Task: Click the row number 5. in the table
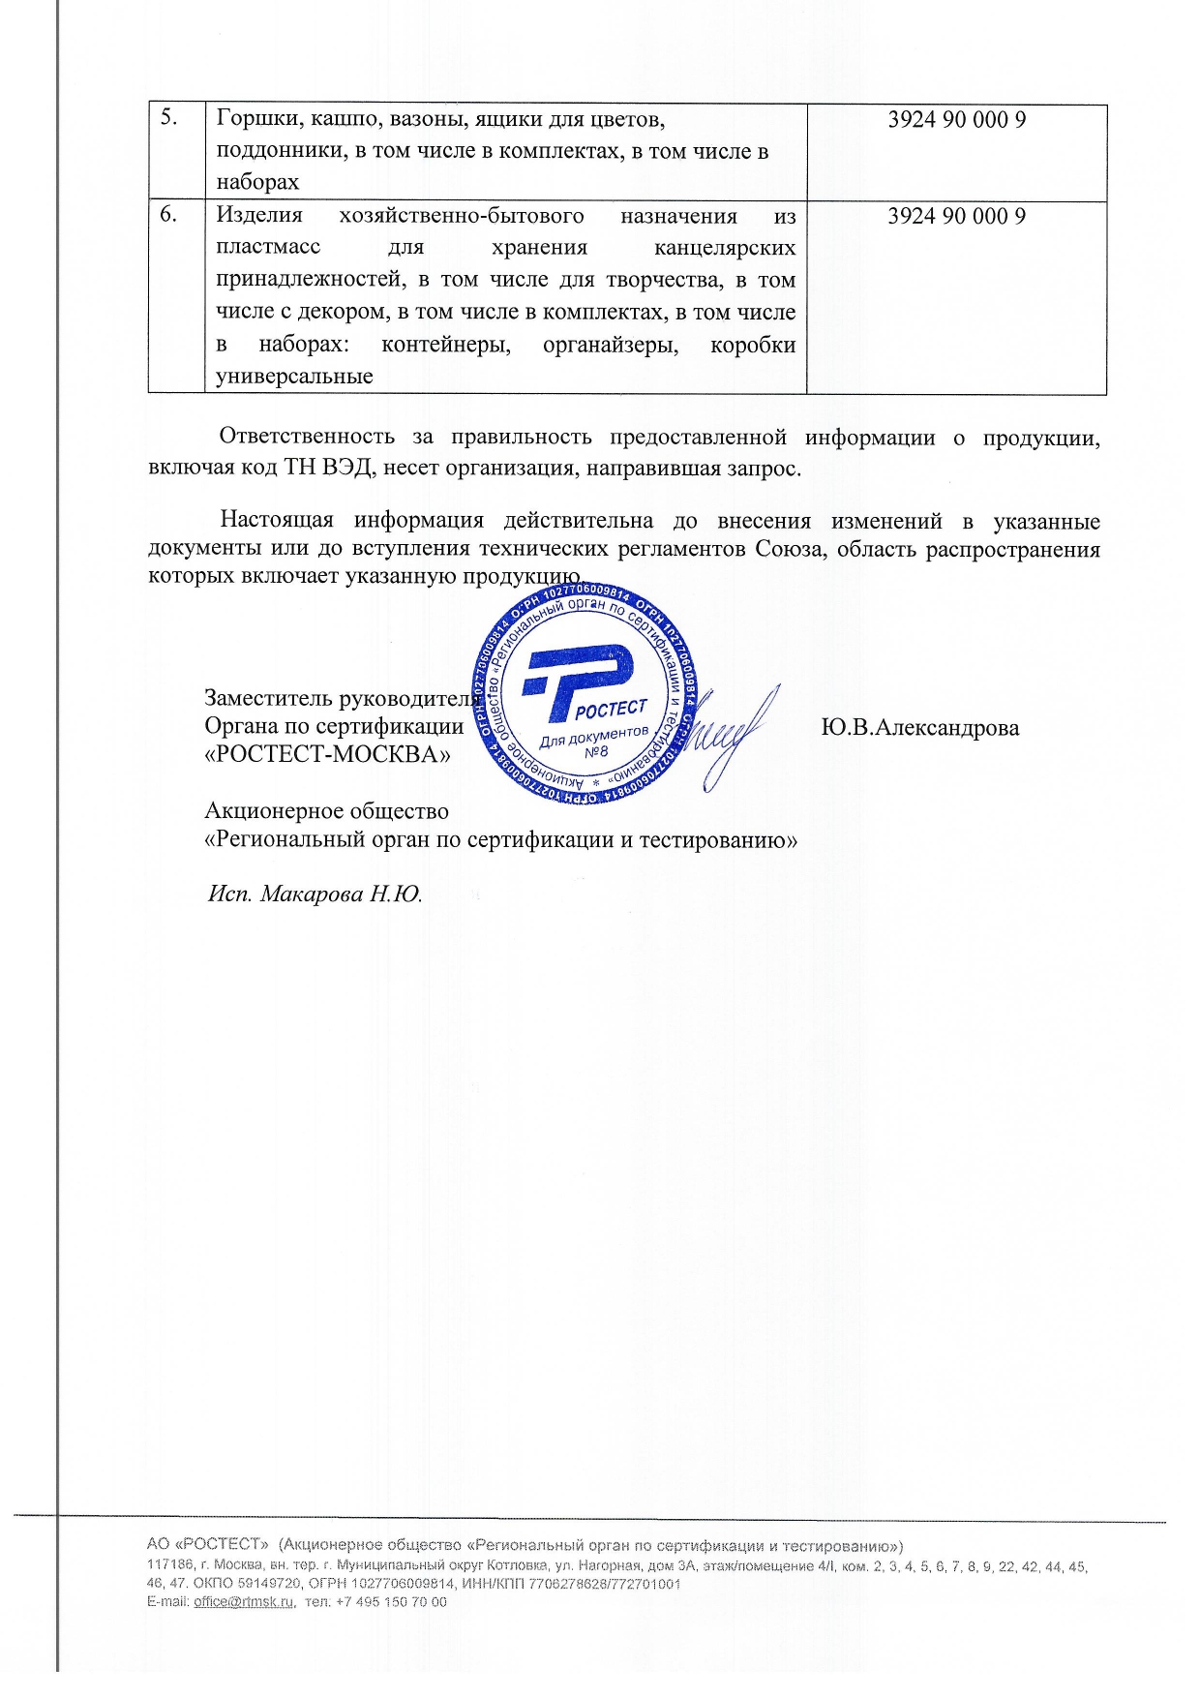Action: (x=168, y=118)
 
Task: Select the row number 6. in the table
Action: (x=168, y=215)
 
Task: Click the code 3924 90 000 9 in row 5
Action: (x=956, y=119)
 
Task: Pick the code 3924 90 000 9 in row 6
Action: (x=956, y=216)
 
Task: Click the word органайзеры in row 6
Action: (x=611, y=346)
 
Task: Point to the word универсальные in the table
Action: (x=294, y=377)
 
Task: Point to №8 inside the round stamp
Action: (x=596, y=752)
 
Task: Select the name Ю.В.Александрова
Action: (x=919, y=728)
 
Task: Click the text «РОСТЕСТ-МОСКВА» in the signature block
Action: (x=327, y=755)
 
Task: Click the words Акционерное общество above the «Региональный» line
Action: (x=326, y=811)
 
